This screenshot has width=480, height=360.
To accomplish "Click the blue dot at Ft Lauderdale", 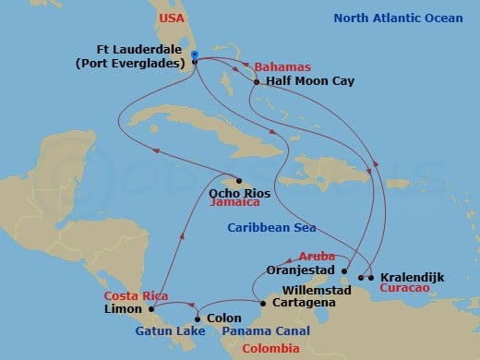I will tap(195, 54).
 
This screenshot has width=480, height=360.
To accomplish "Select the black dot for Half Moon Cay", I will tap(256, 81).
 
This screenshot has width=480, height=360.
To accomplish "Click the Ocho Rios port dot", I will tap(239, 180).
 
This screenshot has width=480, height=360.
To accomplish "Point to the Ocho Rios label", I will tap(239, 193).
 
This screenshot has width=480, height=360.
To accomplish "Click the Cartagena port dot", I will tap(262, 303).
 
